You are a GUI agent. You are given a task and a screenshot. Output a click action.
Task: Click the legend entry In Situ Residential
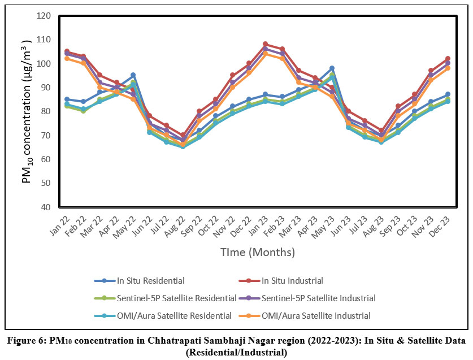(x=150, y=280)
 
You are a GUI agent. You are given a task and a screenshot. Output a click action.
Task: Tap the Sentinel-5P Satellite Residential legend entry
(x=176, y=298)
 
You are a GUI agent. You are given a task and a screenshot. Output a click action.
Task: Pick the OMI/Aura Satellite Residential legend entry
(x=173, y=315)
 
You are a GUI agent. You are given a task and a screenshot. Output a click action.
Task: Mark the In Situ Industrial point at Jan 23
(x=266, y=44)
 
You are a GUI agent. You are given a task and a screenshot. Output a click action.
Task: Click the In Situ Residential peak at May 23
(x=332, y=68)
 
